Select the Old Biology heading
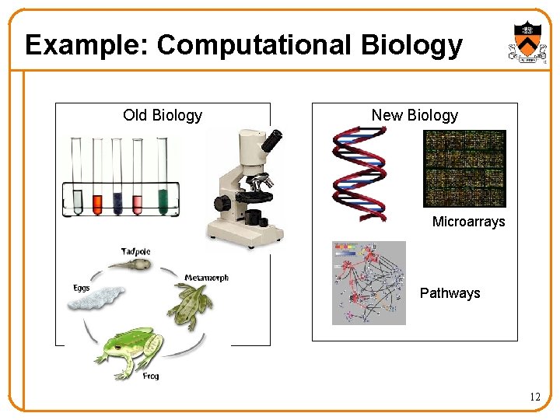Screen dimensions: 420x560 point(163,116)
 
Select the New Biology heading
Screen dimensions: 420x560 point(415,115)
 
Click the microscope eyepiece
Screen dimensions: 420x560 point(271,141)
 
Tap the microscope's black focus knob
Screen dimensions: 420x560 point(223,204)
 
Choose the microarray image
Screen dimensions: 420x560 point(464,169)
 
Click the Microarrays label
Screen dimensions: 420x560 point(468,222)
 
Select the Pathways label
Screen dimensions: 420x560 point(450,293)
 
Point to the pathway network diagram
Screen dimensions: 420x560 point(369,282)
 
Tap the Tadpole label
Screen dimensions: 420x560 point(135,251)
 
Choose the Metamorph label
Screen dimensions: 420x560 point(206,278)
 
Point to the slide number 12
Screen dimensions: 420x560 point(534,397)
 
